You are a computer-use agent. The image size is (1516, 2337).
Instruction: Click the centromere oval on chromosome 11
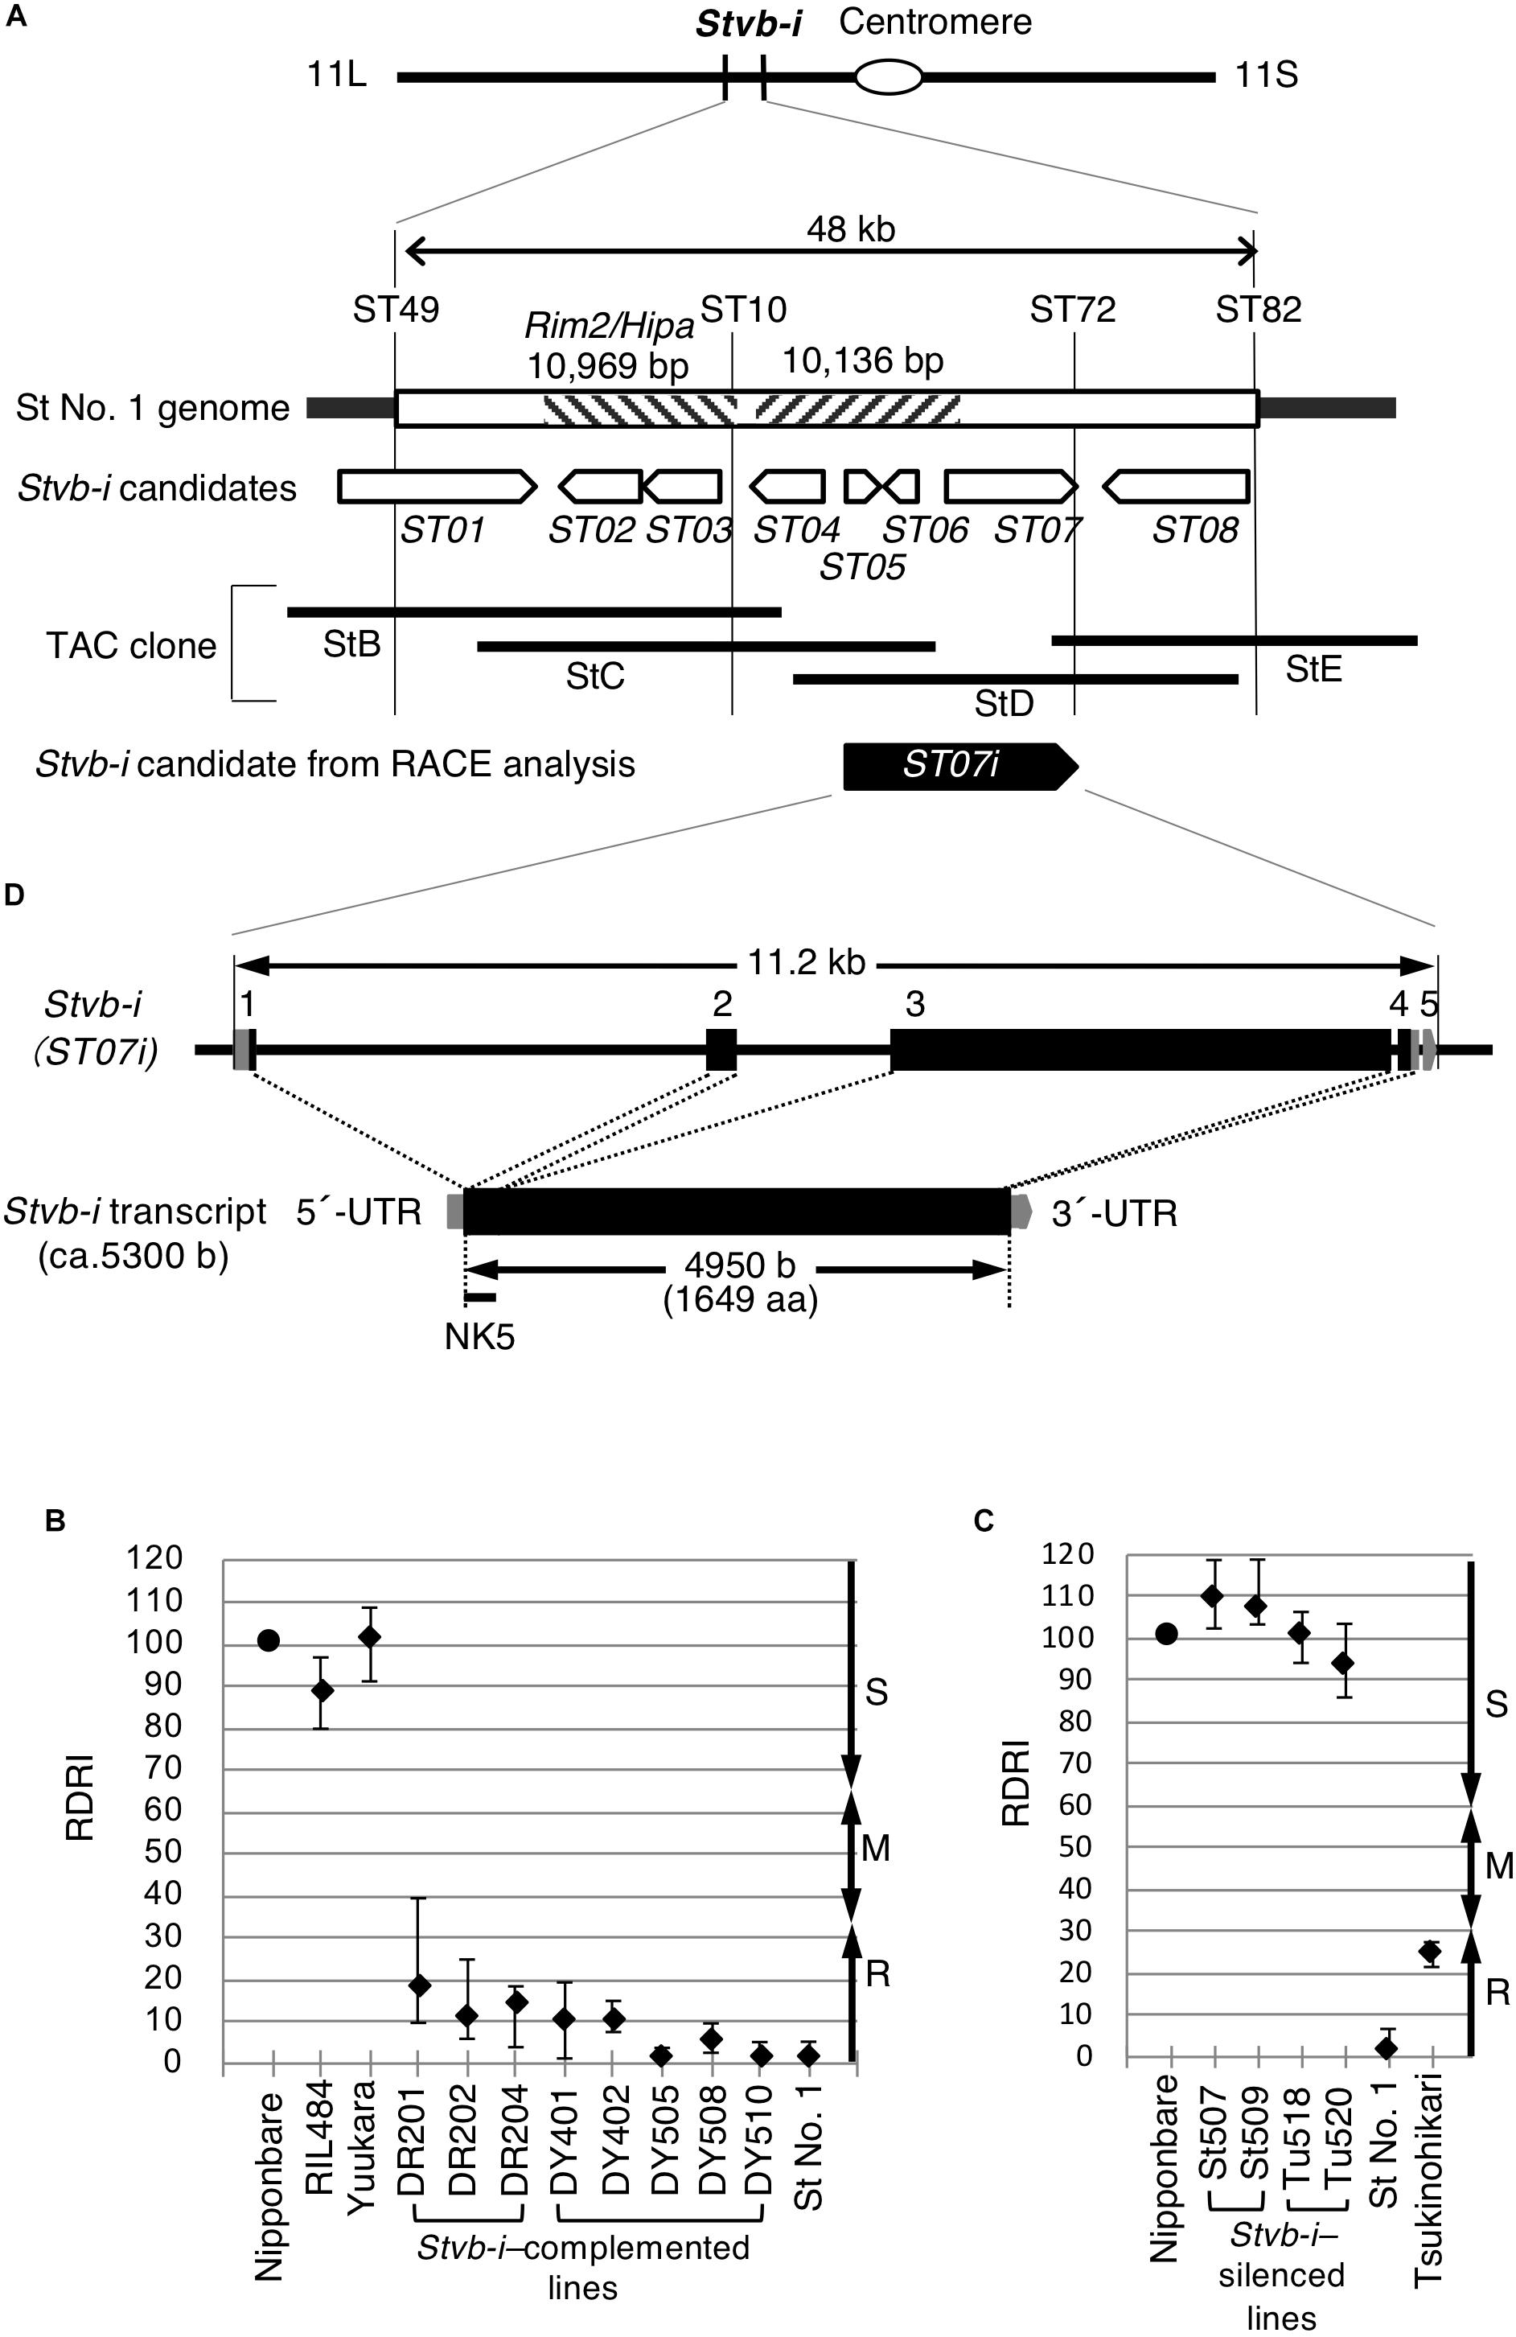coord(888,76)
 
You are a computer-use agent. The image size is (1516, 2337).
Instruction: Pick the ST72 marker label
coord(1072,311)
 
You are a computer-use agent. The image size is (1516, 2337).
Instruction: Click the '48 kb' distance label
coord(850,230)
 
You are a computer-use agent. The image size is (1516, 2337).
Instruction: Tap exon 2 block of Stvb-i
coord(721,1049)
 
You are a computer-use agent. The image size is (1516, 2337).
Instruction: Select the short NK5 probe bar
coord(480,1298)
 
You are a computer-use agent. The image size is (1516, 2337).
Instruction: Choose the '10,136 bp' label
coord(862,361)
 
